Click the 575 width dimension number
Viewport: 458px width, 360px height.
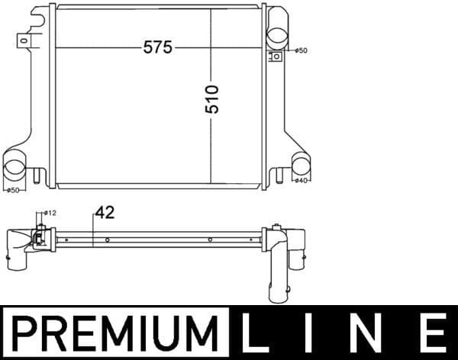[158, 47]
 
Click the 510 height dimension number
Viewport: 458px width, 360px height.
[212, 98]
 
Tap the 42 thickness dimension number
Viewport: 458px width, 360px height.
[105, 214]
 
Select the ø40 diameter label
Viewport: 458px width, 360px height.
[302, 181]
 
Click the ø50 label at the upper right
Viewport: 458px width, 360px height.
[301, 50]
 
